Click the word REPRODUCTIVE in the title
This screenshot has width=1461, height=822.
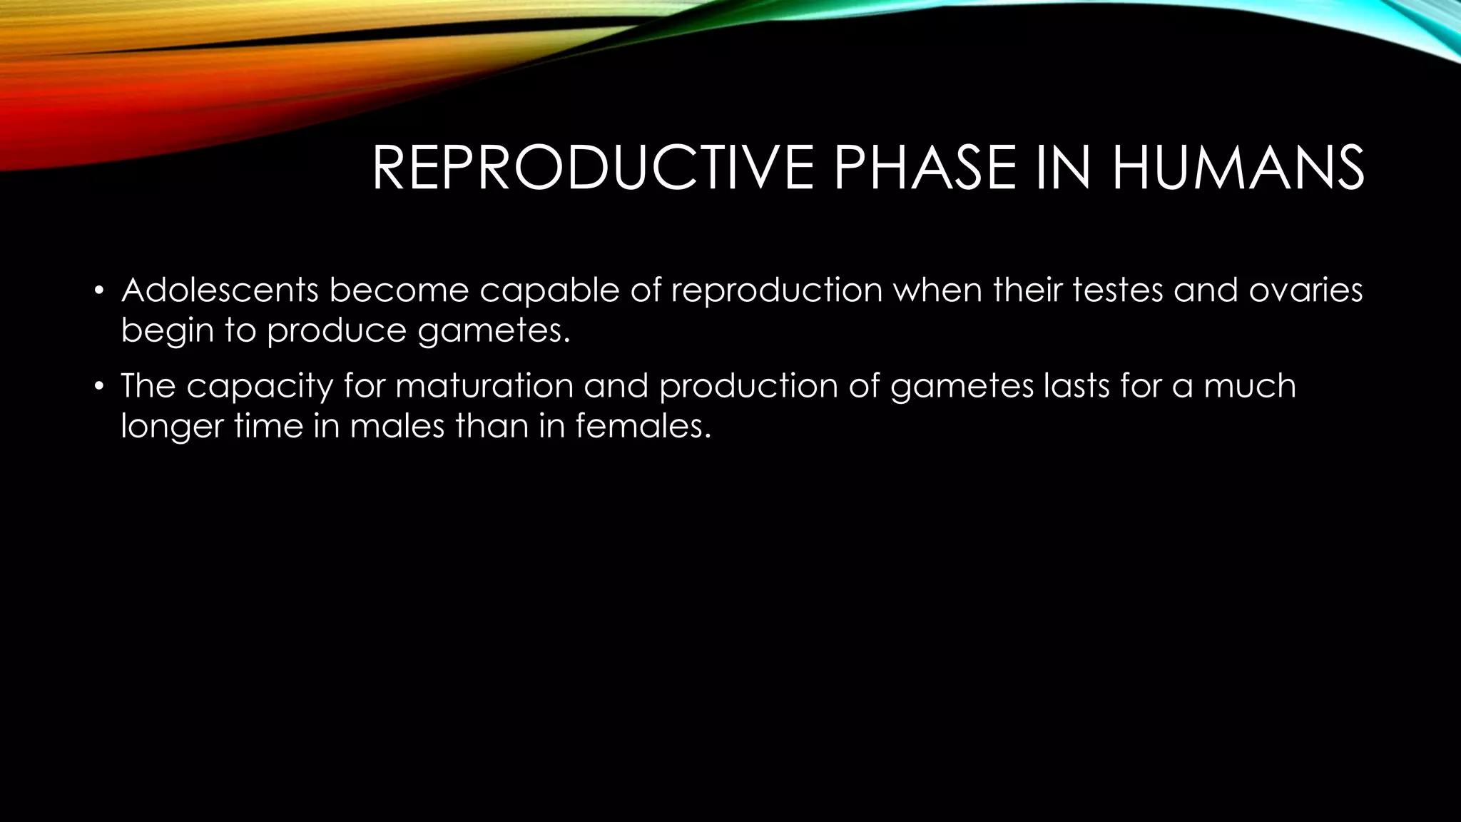pyautogui.click(x=592, y=168)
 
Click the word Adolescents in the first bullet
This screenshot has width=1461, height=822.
pyautogui.click(x=219, y=290)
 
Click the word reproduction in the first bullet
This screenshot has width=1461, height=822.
pyautogui.click(x=777, y=291)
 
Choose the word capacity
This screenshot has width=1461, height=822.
pyautogui.click(x=260, y=387)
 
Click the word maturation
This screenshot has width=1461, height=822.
pyautogui.click(x=484, y=385)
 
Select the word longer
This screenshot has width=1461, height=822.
pyautogui.click(x=171, y=427)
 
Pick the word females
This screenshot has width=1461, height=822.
pyautogui.click(x=643, y=425)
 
